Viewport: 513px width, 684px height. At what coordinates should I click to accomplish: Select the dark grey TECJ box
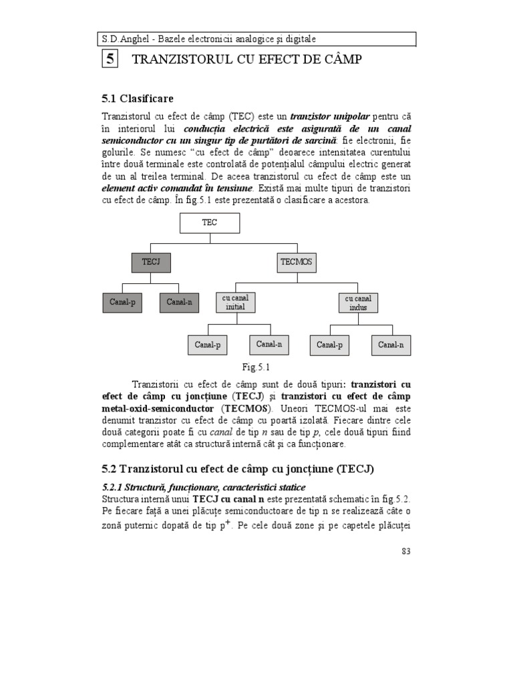pyautogui.click(x=152, y=262)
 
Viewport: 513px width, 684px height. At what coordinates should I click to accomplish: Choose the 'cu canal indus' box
pyautogui.click(x=357, y=302)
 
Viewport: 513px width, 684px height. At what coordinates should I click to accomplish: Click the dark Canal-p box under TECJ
pyautogui.click(x=123, y=302)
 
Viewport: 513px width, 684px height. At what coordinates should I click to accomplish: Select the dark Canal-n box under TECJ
pyautogui.click(x=180, y=302)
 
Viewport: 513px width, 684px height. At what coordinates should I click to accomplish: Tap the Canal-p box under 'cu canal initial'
pyautogui.click(x=207, y=345)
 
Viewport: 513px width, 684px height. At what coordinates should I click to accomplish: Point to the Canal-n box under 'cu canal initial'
pyautogui.click(x=269, y=344)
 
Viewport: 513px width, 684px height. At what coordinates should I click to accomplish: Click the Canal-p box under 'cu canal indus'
pyautogui.click(x=329, y=345)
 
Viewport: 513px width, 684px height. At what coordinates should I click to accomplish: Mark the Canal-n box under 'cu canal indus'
pyautogui.click(x=391, y=345)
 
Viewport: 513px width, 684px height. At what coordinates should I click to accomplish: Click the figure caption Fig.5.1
pyautogui.click(x=255, y=367)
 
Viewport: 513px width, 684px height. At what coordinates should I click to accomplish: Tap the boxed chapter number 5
pyautogui.click(x=110, y=59)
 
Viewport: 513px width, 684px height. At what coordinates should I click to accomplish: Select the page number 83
pyautogui.click(x=406, y=550)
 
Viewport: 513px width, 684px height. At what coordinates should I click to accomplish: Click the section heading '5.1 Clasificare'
pyautogui.click(x=138, y=99)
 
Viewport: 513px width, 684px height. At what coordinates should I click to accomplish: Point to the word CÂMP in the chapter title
pyautogui.click(x=339, y=60)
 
